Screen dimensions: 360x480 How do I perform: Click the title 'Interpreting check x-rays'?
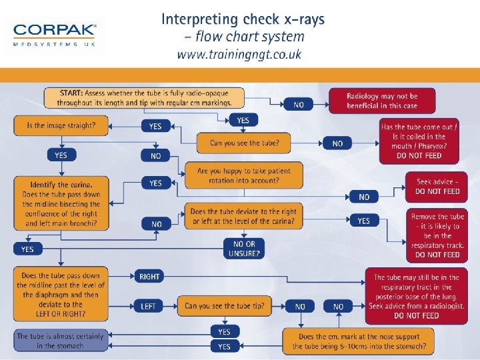[243, 19]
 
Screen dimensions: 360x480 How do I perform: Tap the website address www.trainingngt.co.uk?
[239, 54]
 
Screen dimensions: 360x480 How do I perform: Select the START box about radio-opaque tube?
[146, 97]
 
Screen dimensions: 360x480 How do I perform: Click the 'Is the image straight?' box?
[61, 125]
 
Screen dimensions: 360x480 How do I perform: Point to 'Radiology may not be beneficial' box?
[382, 101]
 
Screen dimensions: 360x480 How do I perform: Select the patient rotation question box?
[243, 175]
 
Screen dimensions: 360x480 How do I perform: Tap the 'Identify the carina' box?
[61, 204]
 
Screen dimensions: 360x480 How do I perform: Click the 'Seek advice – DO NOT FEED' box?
[437, 186]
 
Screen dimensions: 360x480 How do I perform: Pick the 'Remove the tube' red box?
[437, 235]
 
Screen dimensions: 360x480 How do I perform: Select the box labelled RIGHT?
[150, 277]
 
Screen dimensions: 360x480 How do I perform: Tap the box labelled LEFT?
[149, 306]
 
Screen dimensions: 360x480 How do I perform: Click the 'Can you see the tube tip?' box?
[224, 306]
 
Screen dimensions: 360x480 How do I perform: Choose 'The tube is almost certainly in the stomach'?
[60, 341]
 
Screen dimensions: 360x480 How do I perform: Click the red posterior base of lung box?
[417, 296]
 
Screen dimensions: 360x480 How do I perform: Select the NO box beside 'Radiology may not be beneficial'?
[299, 105]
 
